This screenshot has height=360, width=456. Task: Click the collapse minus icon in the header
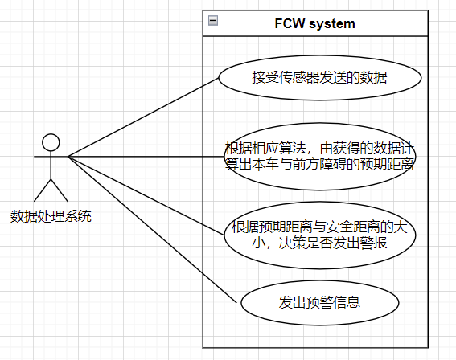click(213, 21)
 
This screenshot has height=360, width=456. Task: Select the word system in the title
click(332, 24)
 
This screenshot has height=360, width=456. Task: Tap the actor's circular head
click(51, 142)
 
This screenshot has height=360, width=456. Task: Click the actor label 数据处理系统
click(51, 216)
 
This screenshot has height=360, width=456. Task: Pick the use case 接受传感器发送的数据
click(320, 78)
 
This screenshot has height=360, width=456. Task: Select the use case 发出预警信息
click(320, 302)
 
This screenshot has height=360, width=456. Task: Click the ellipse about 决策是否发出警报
click(320, 235)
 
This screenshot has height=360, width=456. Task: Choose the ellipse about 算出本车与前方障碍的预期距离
click(320, 157)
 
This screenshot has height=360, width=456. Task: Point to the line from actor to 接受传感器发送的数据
click(143, 117)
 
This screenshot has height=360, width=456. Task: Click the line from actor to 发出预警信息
click(152, 230)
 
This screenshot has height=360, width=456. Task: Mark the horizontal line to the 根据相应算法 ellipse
click(146, 157)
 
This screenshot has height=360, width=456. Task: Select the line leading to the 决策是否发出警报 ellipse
click(146, 196)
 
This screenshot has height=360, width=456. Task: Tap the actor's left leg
click(43, 190)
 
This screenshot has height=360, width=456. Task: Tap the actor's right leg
click(60, 190)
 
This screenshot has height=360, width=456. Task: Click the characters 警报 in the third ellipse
click(373, 243)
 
